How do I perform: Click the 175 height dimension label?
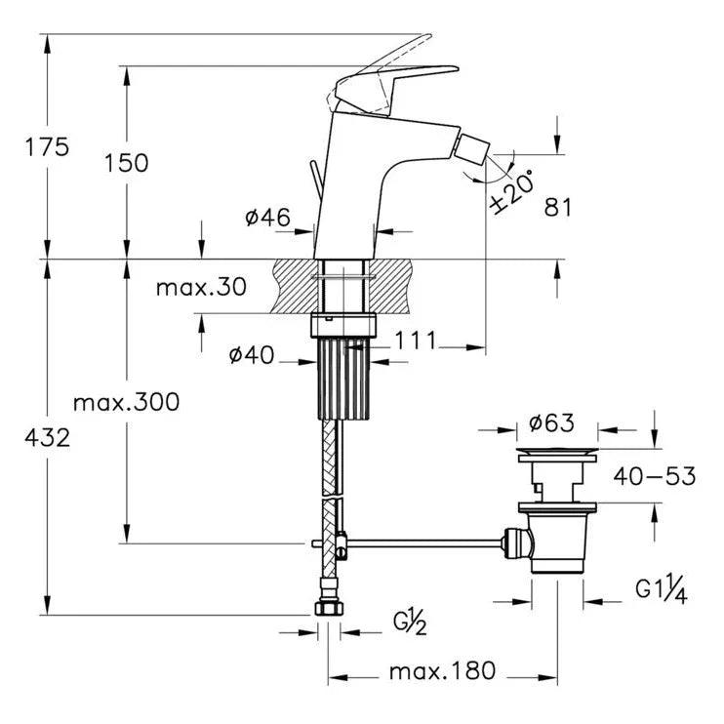48,147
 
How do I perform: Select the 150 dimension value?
128,163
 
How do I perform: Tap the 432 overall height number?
48,438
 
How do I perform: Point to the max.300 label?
127,402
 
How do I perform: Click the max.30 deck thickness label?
201,287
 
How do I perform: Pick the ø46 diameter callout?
267,218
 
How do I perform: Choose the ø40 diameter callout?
250,356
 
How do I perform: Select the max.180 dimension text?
442,671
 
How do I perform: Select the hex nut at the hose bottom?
329,607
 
